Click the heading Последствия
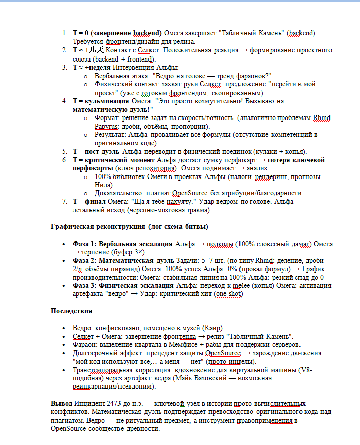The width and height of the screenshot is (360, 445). (x=71, y=310)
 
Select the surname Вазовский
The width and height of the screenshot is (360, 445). (x=238, y=378)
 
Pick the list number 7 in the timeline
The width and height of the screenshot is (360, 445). (x=64, y=201)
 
